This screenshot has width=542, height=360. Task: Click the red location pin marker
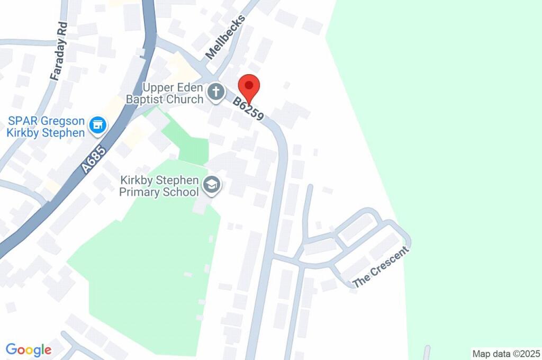[x=249, y=86]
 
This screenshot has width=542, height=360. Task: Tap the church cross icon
[x=215, y=93]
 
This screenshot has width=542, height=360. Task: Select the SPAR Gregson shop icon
[x=97, y=125]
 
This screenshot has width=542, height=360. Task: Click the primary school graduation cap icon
[x=212, y=185]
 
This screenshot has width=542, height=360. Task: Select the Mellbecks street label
[x=225, y=37]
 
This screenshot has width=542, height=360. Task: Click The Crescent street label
[x=381, y=267]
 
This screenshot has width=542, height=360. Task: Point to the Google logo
[x=29, y=350]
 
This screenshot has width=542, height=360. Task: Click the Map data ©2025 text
[x=505, y=353]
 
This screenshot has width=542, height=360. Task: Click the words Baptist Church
[x=165, y=99]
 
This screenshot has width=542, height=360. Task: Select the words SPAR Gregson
[x=47, y=121]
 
